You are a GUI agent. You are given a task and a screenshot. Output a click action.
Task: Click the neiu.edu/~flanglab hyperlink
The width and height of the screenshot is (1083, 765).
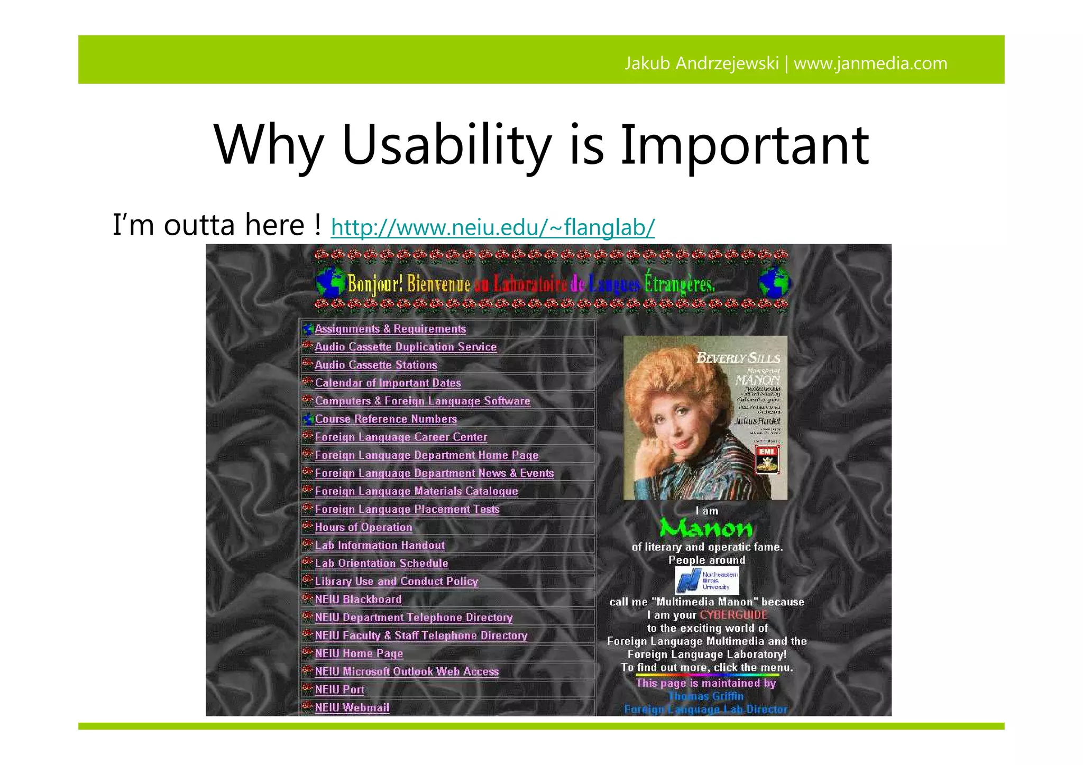coord(492,228)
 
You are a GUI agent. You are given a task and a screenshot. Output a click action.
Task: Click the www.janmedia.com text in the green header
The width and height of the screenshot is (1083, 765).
coord(870,63)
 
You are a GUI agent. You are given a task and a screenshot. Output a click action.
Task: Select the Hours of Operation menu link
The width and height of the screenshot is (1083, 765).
coord(363,527)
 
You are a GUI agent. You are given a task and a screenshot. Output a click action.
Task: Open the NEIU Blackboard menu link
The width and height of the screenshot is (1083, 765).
coord(358,600)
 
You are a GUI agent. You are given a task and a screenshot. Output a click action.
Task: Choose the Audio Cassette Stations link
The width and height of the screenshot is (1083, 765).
coord(376,365)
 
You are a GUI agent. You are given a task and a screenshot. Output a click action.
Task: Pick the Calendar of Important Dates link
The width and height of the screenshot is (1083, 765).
coord(388,383)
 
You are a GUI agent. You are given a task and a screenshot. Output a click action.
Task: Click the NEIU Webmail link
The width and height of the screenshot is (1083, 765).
coord(352,707)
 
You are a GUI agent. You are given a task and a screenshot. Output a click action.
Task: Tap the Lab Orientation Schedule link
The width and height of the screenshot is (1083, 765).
coord(381,563)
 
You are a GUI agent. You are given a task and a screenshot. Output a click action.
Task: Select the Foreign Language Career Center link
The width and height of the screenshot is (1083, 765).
coord(401,437)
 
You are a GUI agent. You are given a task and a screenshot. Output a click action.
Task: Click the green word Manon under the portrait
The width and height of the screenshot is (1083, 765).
coord(706,528)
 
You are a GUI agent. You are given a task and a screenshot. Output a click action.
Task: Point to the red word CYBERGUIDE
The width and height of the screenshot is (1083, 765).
coord(733,615)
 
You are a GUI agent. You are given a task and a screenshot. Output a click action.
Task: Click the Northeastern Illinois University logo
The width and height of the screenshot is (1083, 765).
coord(706,580)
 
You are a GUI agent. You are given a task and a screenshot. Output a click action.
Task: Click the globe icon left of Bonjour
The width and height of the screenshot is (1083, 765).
coord(331,282)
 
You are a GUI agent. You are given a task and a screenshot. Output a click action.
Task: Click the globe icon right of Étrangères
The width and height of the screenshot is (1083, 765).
coord(774,282)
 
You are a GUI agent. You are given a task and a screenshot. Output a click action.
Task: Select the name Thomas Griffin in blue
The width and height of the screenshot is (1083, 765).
coord(706,696)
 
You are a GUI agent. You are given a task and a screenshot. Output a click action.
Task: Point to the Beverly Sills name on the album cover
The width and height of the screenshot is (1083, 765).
coord(738,358)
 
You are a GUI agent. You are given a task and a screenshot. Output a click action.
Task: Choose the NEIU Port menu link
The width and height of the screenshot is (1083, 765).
coord(339,689)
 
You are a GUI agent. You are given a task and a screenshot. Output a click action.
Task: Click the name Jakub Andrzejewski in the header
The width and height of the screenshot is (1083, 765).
coord(701,63)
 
